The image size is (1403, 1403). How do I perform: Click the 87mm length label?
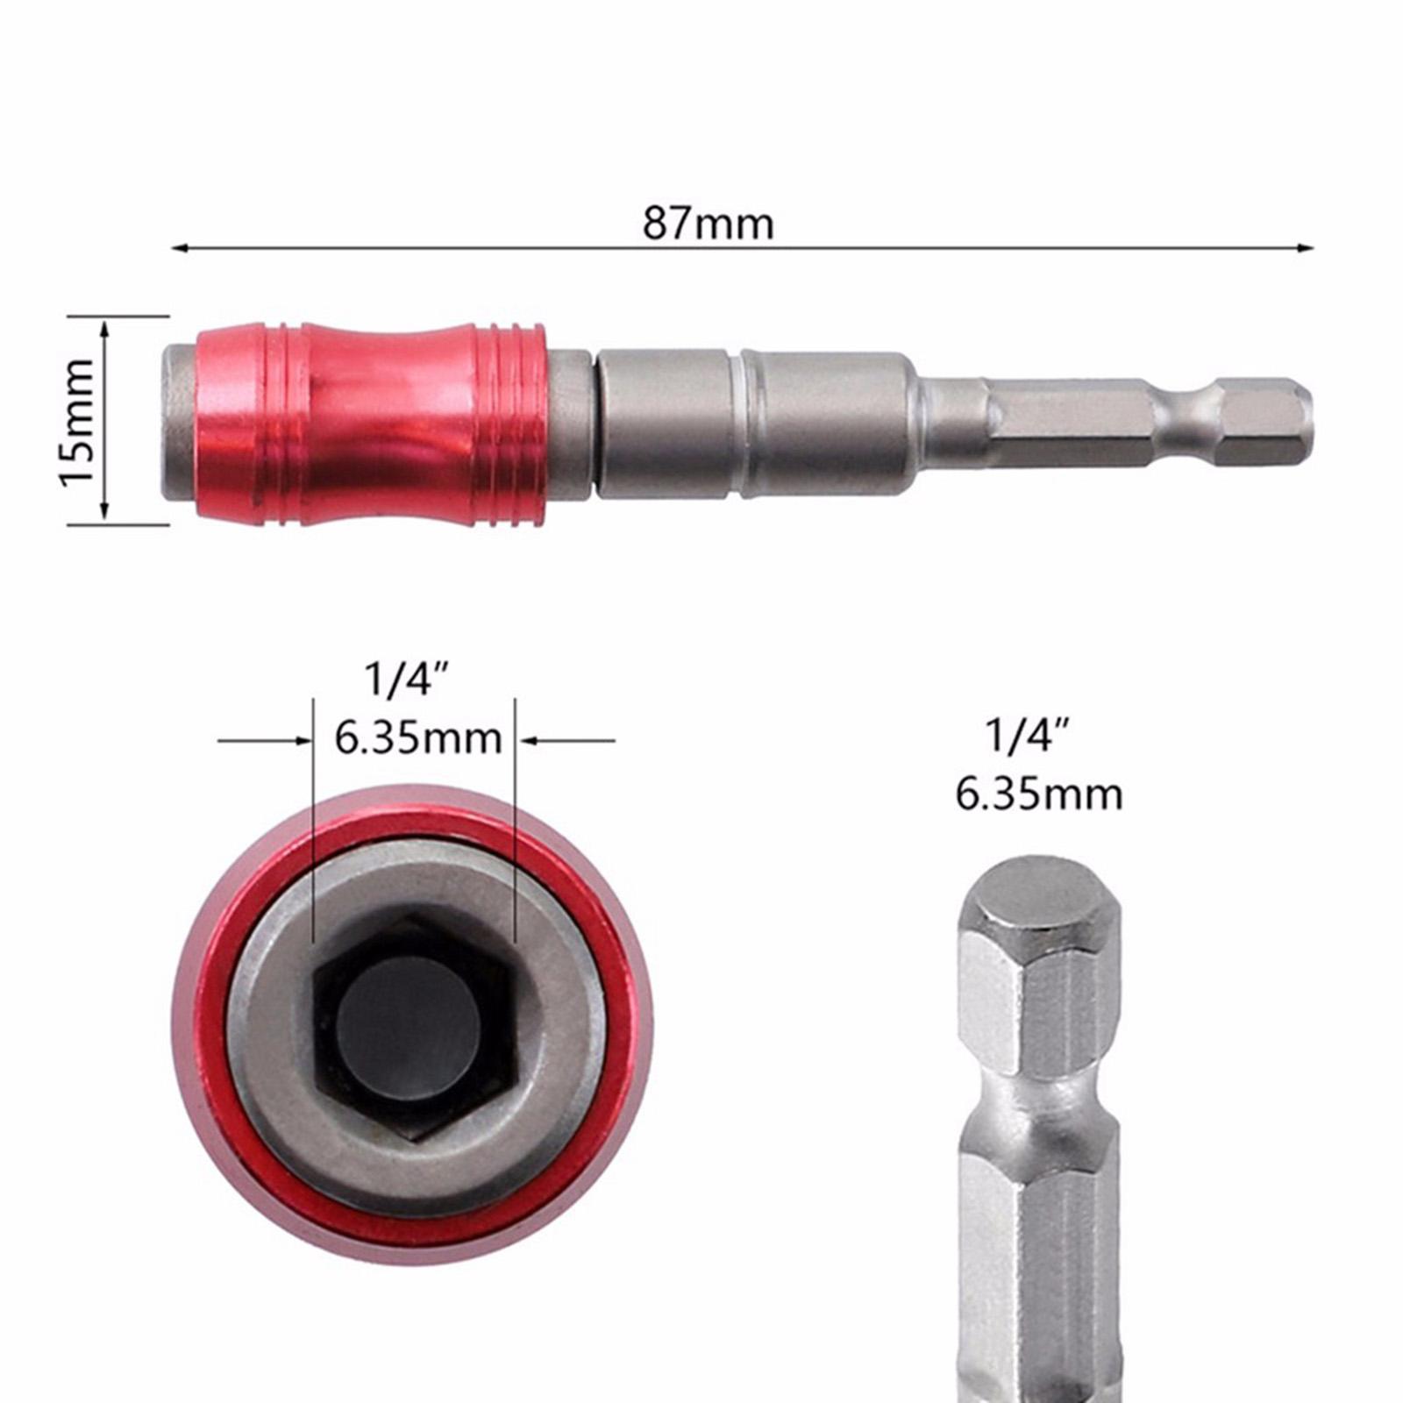[709, 224]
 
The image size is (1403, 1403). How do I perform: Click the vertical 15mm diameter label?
[77, 420]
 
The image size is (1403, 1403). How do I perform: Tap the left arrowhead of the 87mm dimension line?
[180, 249]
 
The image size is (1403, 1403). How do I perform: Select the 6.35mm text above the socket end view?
[417, 739]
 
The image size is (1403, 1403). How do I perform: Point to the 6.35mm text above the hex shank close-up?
[1039, 794]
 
